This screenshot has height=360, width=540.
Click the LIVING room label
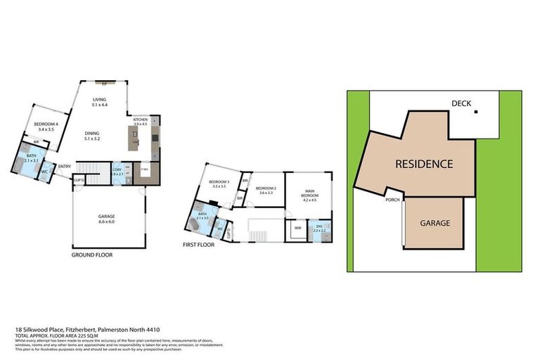click(x=99, y=100)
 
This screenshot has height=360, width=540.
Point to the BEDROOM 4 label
click(x=47, y=124)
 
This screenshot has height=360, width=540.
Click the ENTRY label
click(x=64, y=166)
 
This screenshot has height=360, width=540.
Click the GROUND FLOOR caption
click(x=91, y=255)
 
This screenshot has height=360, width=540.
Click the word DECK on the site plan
click(x=461, y=104)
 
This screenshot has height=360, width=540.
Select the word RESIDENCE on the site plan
click(x=423, y=164)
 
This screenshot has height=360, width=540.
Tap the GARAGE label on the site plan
click(x=435, y=223)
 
